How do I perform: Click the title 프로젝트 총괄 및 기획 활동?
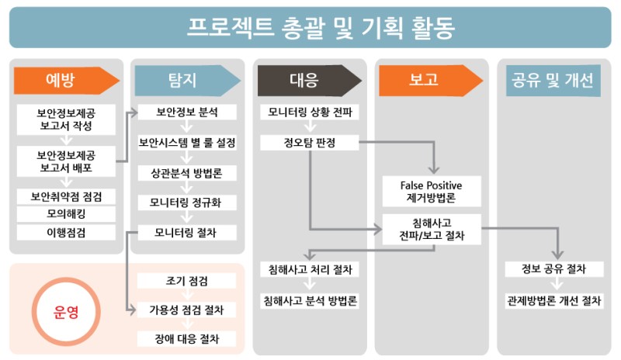click(310, 27)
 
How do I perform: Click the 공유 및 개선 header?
click(553, 80)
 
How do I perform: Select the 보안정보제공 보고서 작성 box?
click(66, 118)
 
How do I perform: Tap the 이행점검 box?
click(66, 232)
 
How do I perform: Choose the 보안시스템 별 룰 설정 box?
click(186, 143)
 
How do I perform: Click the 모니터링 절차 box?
click(186, 232)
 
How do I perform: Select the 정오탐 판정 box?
click(309, 143)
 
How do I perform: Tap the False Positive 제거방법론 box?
click(431, 192)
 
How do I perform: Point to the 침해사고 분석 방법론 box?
click(309, 300)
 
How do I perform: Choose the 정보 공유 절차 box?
click(553, 269)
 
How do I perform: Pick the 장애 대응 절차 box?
click(186, 339)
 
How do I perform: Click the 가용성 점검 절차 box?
click(186, 310)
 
